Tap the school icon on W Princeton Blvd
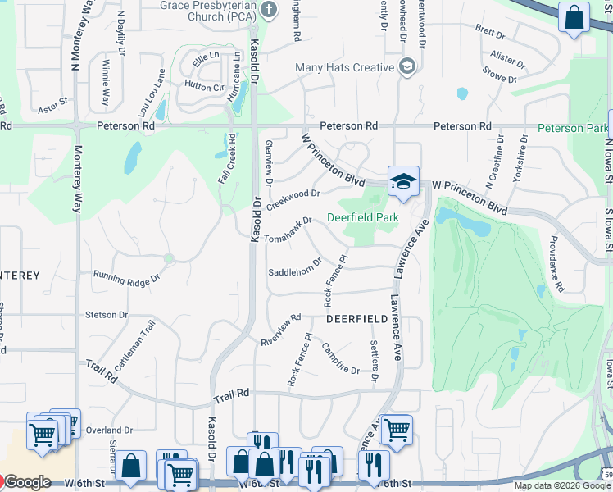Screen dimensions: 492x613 [x=403, y=181]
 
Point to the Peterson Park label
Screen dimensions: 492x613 [x=573, y=128]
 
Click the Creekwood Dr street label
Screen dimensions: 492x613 [x=293, y=199]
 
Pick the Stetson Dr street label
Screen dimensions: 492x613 [x=106, y=314]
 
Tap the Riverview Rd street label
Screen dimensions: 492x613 [x=281, y=330]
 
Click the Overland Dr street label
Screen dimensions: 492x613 [x=110, y=430]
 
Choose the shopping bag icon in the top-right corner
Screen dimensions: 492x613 [x=574, y=17]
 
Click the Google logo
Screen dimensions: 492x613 [x=27, y=482]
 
